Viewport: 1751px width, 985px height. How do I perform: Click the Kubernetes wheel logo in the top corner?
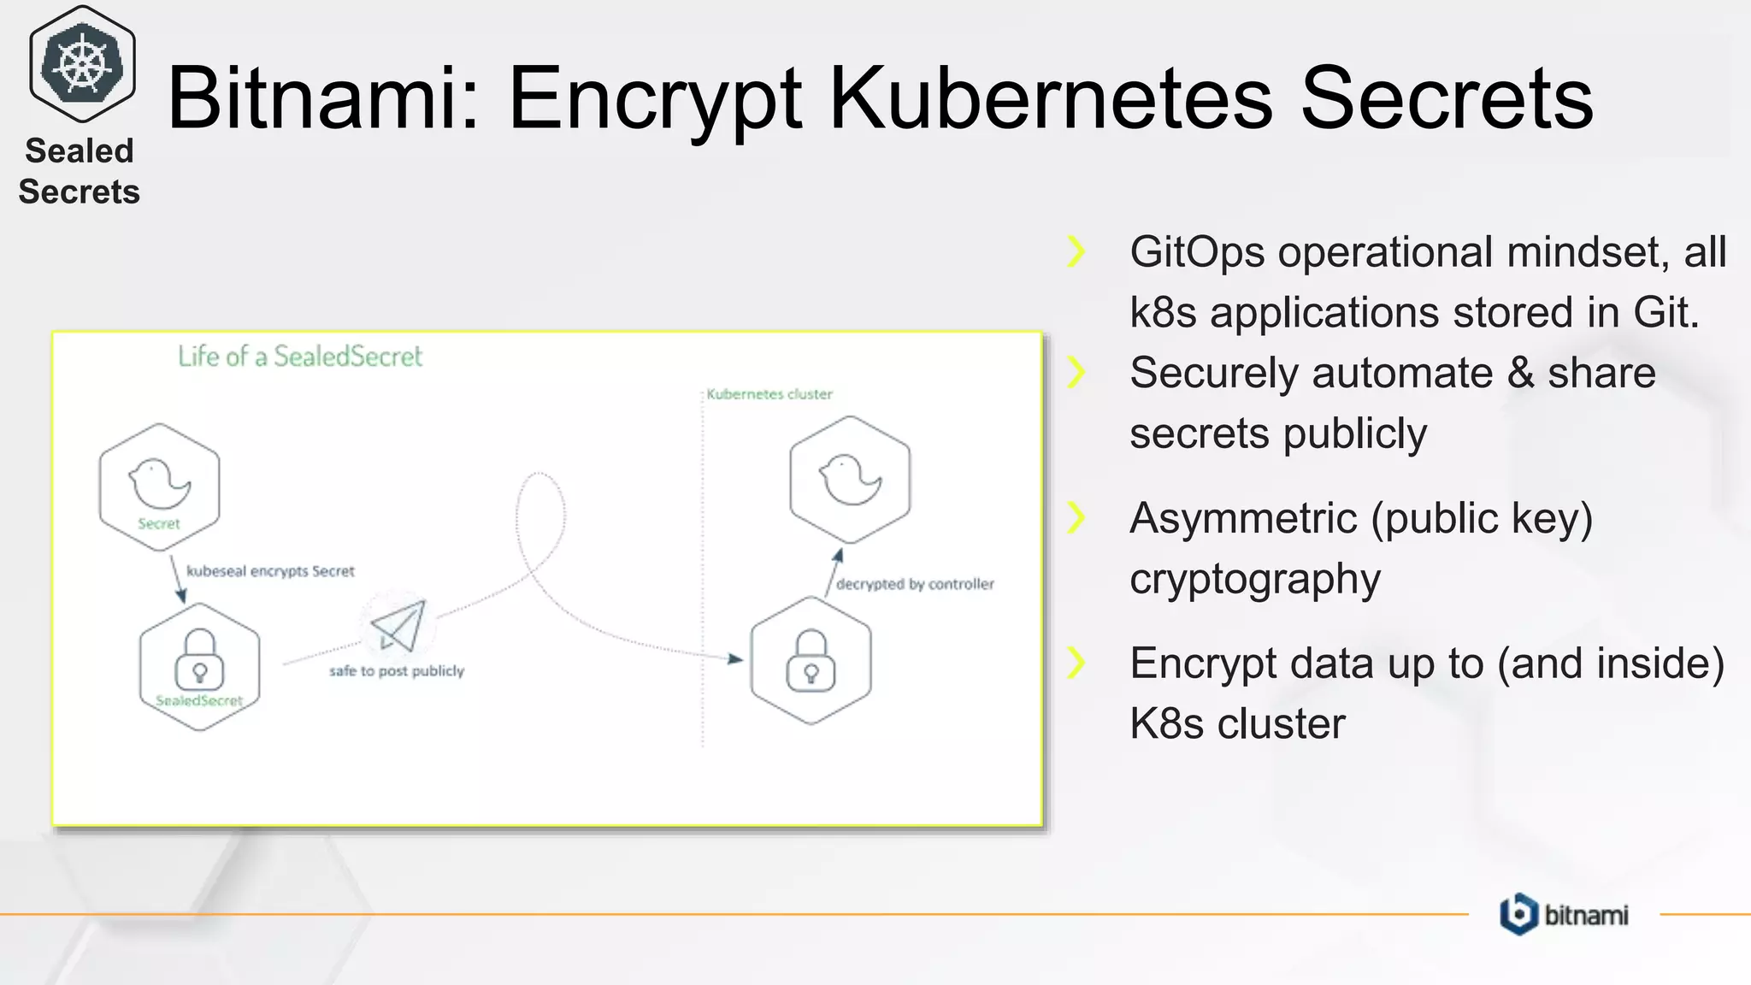(82, 64)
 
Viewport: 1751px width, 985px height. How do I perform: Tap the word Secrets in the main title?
(1446, 98)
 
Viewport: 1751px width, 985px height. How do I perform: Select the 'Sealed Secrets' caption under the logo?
(79, 171)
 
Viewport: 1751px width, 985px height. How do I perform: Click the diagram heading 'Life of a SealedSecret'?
(300, 357)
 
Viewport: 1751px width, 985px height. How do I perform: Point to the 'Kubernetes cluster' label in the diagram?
(769, 394)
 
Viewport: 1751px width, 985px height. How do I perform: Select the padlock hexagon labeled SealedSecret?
(199, 666)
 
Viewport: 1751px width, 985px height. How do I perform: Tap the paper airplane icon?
(398, 625)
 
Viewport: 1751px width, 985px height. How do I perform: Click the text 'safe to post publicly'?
(397, 671)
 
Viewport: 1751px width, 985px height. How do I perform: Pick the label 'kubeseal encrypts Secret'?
(270, 571)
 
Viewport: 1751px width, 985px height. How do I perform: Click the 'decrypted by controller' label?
(915, 584)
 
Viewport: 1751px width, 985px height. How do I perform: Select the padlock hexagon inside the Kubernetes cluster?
(811, 660)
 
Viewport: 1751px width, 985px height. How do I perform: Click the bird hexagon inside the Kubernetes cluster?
(850, 480)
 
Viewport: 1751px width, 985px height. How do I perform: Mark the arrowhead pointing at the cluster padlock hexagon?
(735, 658)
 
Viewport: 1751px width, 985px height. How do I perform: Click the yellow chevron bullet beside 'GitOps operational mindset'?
(1076, 251)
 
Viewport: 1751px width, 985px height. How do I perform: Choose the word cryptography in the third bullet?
(1254, 579)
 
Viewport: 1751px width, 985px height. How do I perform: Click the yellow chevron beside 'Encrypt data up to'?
(1076, 663)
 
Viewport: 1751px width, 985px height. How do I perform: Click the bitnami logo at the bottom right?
(1564, 914)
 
